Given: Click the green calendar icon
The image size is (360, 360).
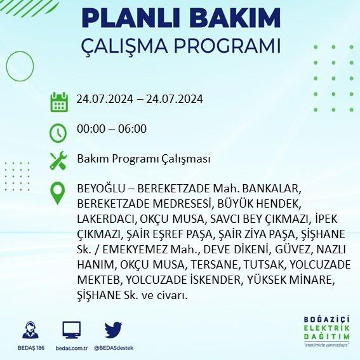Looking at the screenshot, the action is click(59, 102).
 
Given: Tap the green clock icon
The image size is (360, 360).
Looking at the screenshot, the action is click(58, 133).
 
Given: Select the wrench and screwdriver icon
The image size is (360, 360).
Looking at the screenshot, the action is click(58, 161).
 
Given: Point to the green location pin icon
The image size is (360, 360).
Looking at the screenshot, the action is click(58, 193).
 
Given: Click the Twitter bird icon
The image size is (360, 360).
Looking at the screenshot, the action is click(113, 330).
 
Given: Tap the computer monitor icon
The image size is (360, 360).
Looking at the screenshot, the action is click(71, 330).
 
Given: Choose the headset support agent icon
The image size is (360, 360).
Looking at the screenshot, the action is click(30, 330).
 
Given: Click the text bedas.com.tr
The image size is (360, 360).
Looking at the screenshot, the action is click(71, 348).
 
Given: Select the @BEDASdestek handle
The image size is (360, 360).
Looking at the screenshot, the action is click(114, 348).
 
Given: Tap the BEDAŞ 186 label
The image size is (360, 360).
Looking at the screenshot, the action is click(31, 348).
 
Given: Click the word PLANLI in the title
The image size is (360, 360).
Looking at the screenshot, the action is click(132, 18).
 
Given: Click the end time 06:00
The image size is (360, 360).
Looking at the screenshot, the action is click(132, 128).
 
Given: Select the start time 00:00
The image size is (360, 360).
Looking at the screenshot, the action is click(91, 128).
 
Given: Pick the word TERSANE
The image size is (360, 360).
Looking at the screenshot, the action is click(216, 265).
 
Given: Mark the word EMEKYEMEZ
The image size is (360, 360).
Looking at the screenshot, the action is click(135, 250).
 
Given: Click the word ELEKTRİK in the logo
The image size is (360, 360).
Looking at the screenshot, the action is click(326, 328).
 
